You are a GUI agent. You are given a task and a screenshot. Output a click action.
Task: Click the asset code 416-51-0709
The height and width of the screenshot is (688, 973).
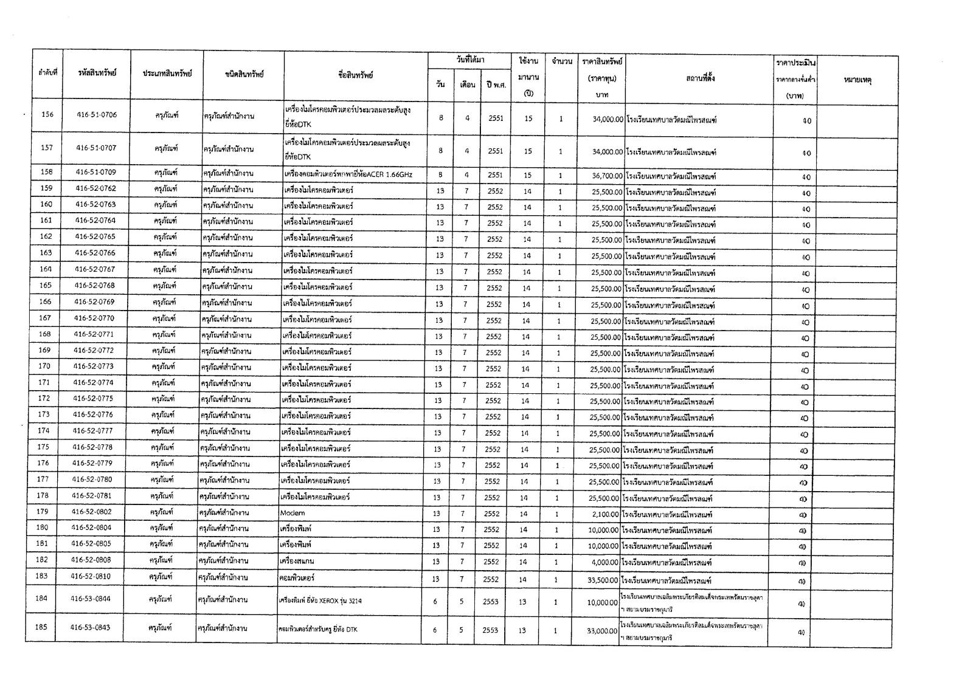pos(96,172)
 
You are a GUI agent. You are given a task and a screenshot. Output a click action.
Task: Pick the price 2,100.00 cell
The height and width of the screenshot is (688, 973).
pos(605,515)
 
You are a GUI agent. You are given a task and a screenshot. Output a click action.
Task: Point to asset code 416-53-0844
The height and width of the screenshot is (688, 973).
pos(91,599)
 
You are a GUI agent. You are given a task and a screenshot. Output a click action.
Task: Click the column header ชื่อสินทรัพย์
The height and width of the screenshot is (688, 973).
pos(356,75)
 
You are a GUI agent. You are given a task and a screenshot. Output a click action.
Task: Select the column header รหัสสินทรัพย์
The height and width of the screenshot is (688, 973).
pos(97,73)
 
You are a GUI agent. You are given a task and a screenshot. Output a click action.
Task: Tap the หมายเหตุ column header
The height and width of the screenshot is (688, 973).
pos(858,80)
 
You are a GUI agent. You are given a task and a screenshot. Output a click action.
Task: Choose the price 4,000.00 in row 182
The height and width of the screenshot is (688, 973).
pos(605,563)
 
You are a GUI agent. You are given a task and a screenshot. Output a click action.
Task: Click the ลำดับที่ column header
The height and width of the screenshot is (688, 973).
pos(47,72)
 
